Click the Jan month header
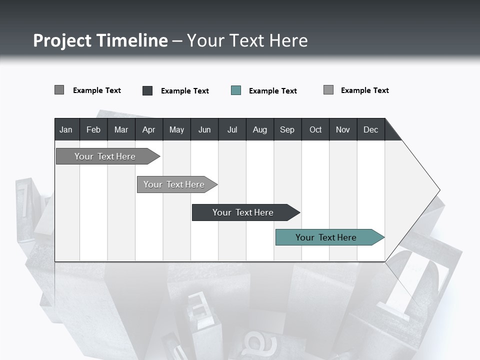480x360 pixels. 66,129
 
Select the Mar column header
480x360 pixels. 121,129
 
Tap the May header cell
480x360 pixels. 176,129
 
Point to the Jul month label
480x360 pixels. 232,129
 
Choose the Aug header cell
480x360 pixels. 259,129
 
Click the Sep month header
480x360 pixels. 287,129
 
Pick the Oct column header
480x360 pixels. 315,129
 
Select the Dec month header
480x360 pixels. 370,129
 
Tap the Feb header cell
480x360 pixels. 93,129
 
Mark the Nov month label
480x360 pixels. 342,129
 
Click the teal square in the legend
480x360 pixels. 236,90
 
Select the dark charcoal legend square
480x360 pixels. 147,90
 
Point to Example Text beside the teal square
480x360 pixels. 273,91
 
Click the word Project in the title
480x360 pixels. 62,40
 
